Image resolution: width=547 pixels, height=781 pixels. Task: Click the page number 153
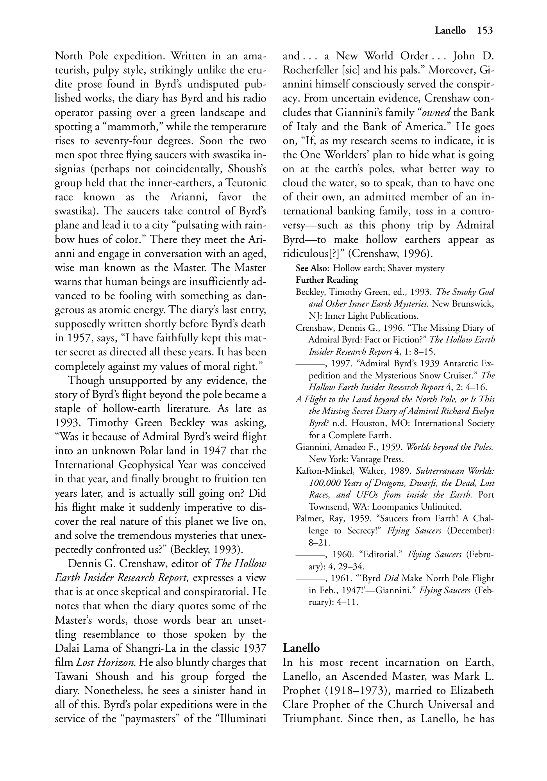pos(485,30)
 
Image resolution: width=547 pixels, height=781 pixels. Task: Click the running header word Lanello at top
pos(450,30)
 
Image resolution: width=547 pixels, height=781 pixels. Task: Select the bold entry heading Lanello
pos(301,648)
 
